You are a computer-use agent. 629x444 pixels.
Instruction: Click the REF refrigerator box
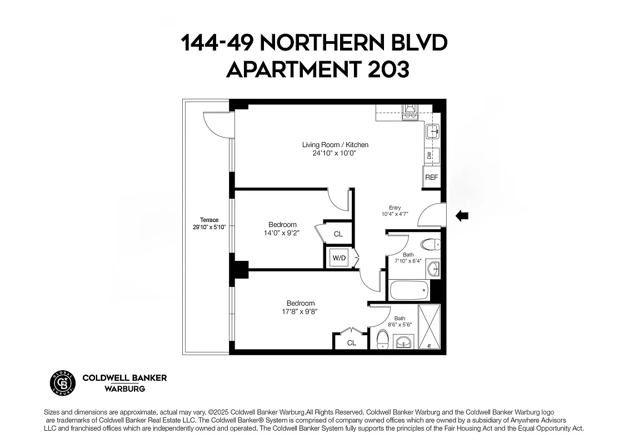431,178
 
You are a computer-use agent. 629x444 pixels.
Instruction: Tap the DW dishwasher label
430,156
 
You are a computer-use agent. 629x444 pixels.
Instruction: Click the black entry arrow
462,216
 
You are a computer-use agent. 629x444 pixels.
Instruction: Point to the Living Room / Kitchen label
335,145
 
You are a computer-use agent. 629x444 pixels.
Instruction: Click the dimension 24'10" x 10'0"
335,153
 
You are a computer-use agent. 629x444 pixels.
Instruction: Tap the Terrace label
209,220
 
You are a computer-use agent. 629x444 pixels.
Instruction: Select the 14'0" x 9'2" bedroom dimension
283,233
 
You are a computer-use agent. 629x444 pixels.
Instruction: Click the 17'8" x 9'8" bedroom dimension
301,311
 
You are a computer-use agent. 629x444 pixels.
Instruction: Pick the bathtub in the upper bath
409,290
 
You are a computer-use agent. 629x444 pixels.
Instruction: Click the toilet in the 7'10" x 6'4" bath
430,244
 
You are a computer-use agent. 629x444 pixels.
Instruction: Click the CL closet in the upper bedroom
338,234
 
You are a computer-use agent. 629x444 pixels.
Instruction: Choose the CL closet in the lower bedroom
351,343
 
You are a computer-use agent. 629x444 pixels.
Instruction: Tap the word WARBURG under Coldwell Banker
125,389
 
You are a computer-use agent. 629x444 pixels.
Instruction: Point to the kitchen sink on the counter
432,132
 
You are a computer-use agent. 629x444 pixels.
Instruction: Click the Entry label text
395,208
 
